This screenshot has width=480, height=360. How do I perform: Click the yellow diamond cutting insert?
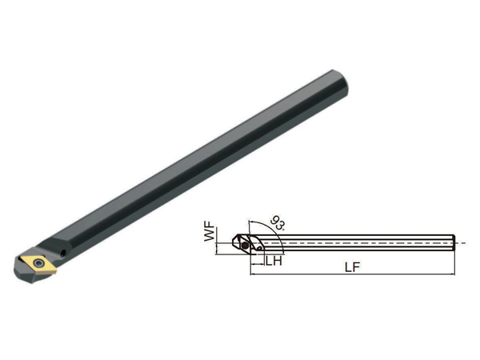38,263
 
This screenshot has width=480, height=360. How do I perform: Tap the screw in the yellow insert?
38,263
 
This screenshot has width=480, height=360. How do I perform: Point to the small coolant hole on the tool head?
64,253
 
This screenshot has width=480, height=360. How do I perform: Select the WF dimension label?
210,234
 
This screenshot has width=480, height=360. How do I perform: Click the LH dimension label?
274,261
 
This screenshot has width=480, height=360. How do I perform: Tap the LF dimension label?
352,267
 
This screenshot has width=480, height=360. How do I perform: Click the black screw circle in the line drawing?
245,246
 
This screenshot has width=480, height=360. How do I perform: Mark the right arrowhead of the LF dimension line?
453,274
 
